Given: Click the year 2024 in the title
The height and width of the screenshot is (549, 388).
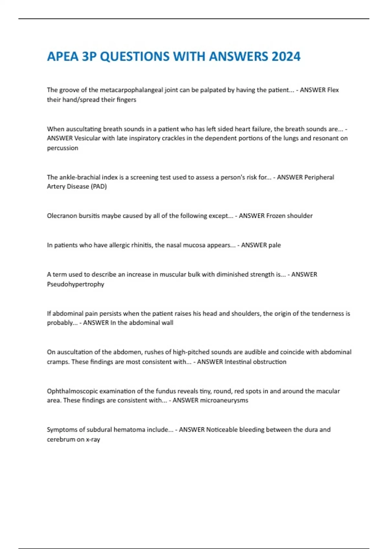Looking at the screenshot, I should click(x=286, y=57).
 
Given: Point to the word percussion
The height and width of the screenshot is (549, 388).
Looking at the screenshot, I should click(x=62, y=148).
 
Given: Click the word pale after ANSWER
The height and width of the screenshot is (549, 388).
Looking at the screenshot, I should click(x=275, y=245).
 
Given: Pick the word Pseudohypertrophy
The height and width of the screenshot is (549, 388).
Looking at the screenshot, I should click(x=75, y=284).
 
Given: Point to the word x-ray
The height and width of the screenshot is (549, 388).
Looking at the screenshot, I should click(x=93, y=440).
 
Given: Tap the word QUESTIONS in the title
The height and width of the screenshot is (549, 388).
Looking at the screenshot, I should click(x=135, y=57).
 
